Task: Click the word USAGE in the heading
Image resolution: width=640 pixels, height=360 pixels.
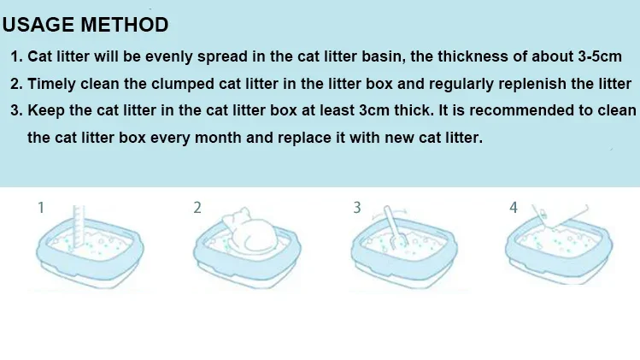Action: tap(38, 25)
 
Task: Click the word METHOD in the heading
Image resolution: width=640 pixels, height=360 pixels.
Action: tap(125, 25)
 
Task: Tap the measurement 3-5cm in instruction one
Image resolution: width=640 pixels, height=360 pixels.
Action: tap(600, 56)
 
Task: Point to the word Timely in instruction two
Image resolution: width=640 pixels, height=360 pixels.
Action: tap(52, 84)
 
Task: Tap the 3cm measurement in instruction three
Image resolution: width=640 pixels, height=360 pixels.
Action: tap(374, 110)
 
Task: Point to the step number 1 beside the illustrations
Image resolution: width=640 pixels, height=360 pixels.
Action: tap(41, 208)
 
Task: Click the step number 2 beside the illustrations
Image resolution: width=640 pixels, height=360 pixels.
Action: tap(197, 208)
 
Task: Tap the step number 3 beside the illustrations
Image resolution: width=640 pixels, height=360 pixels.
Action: tap(356, 208)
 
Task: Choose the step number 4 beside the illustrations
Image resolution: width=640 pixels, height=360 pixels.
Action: tap(514, 208)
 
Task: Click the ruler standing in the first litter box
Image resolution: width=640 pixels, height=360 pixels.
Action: tap(79, 227)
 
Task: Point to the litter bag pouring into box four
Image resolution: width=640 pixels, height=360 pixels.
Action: tap(560, 215)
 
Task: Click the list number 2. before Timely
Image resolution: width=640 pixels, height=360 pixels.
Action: tap(17, 84)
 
